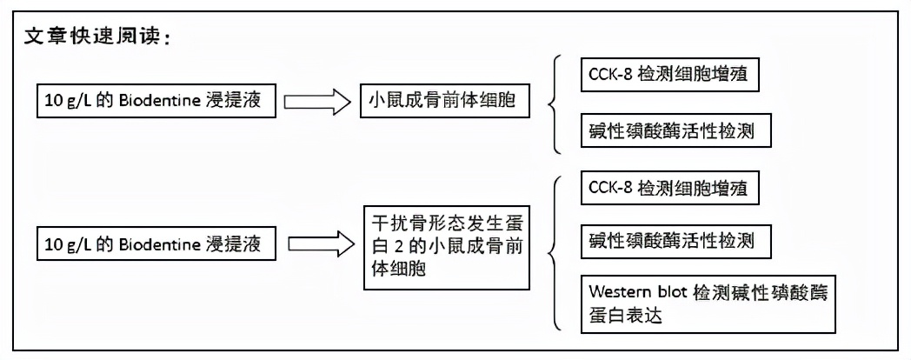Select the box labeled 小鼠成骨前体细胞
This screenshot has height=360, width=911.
[442, 102]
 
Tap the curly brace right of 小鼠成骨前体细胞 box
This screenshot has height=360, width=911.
[554, 102]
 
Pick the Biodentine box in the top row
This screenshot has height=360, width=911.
[161, 102]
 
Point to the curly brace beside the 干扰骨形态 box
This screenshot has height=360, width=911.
[554, 252]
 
